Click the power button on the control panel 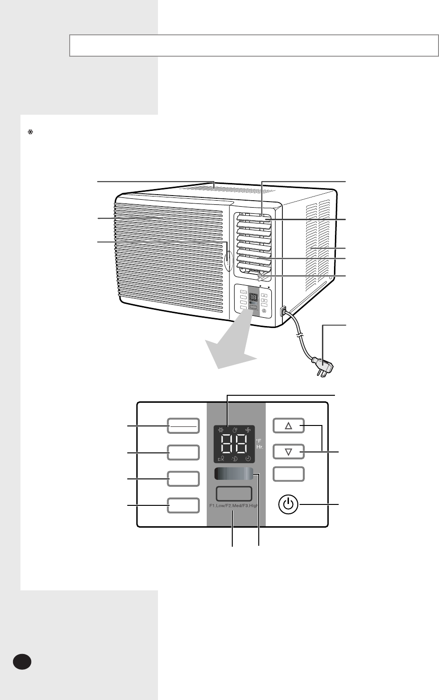(288, 504)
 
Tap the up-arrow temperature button (288, 425)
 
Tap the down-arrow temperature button (288, 451)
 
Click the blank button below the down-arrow (288, 474)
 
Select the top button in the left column (183, 425)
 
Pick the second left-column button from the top (183, 452)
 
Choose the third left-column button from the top (183, 479)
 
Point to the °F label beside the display (259, 439)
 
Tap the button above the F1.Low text (234, 493)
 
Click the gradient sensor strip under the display (234, 474)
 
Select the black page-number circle (22, 661)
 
